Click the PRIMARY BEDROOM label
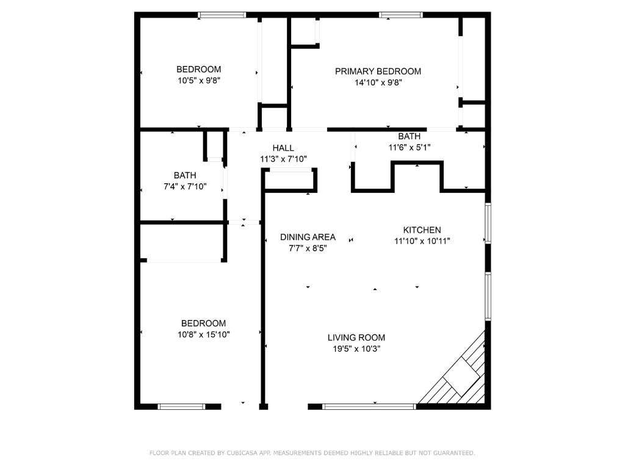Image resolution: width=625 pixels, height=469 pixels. click(378, 71)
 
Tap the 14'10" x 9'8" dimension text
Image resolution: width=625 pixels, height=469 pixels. click(378, 82)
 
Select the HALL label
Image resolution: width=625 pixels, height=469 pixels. click(283, 148)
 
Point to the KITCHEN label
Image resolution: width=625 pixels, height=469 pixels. click(422, 230)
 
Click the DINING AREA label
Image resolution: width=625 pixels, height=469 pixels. click(308, 237)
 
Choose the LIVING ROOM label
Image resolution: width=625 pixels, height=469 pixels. click(356, 337)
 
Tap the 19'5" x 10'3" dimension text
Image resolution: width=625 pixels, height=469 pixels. click(356, 349)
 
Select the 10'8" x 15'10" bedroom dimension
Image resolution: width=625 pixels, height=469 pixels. click(203, 334)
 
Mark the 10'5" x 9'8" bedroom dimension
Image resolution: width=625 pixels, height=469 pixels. click(198, 80)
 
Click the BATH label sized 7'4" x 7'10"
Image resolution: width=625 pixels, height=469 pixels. click(184, 175)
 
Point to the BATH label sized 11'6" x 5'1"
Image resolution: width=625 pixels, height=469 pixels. click(409, 136)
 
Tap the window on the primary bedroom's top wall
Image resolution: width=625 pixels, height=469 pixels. click(400, 15)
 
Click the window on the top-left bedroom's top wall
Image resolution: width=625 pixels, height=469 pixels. click(222, 15)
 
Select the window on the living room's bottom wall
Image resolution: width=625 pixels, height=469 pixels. click(369, 406)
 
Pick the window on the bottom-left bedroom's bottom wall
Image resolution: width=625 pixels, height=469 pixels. click(181, 406)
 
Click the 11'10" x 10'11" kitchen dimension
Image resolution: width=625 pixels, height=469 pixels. click(422, 241)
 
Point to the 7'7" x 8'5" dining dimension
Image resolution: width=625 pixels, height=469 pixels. click(308, 248)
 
